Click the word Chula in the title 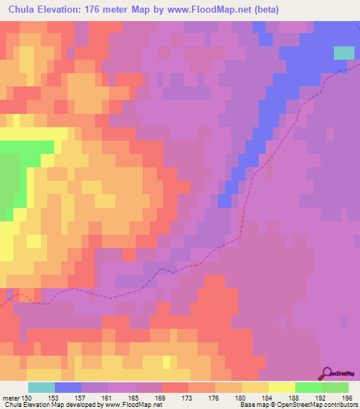pyautogui.click(x=25, y=10)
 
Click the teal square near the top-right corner pyautogui.click(x=344, y=53)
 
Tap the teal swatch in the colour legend pyautogui.click(x=41, y=387)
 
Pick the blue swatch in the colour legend pyautogui.click(x=68, y=387)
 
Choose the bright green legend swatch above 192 pyautogui.click(x=309, y=387)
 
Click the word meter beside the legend pyautogui.click(x=11, y=398)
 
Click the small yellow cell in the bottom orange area pyautogui.click(x=167, y=361)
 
